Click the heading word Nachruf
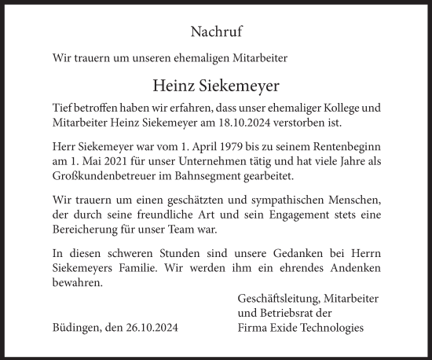pyautogui.click(x=216, y=32)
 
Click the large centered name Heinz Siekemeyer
pyautogui.click(x=216, y=86)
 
